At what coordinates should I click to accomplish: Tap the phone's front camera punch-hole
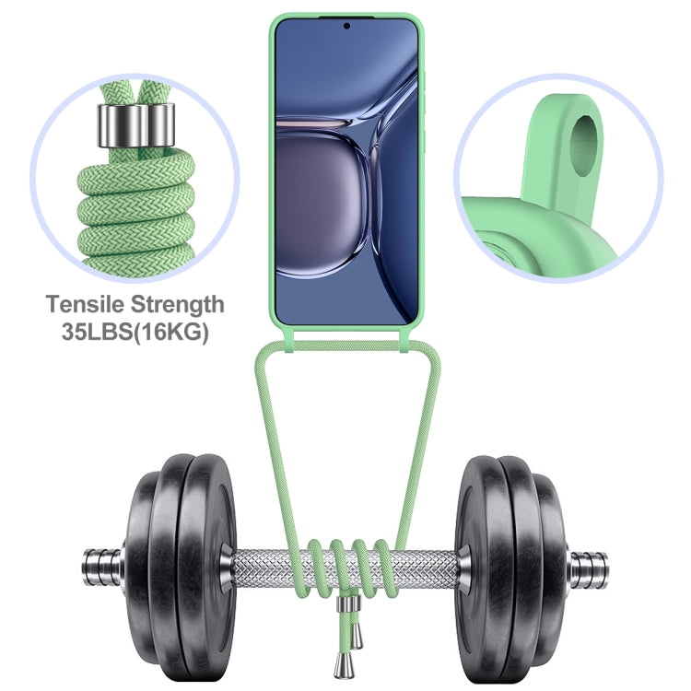pyautogui.click(x=346, y=26)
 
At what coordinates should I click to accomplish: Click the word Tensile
pyautogui.click(x=85, y=304)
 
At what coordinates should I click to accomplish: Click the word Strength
pyautogui.click(x=178, y=305)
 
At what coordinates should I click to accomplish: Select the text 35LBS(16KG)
pyautogui.click(x=135, y=332)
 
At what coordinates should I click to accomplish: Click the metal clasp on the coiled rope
pyautogui.click(x=136, y=126)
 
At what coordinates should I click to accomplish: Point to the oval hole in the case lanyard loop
pyautogui.click(x=584, y=147)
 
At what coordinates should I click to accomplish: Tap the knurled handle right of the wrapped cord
pyautogui.click(x=424, y=566)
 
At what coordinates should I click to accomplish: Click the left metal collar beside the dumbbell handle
pyautogui.click(x=226, y=566)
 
